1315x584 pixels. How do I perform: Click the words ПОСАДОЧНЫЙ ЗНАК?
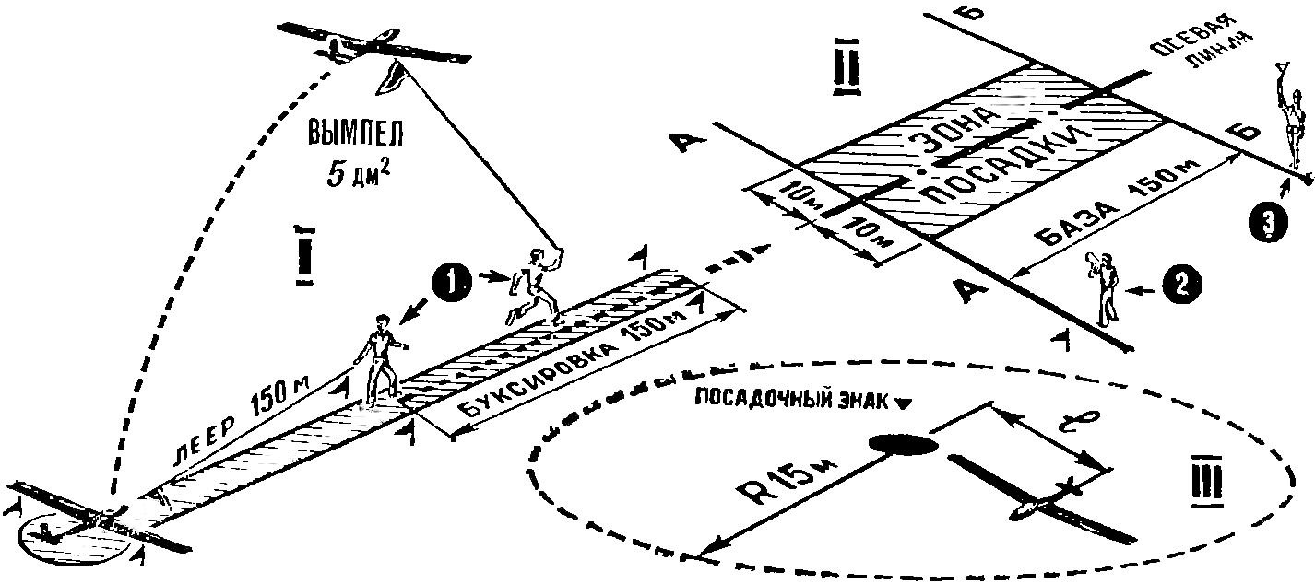coord(794,403)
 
